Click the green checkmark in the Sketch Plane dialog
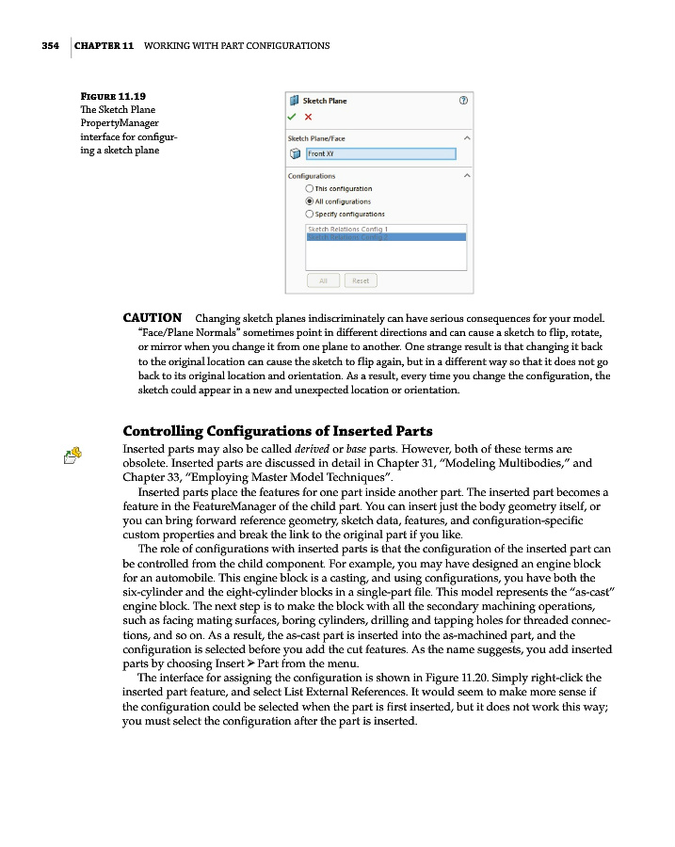click(x=294, y=117)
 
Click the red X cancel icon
click(x=308, y=117)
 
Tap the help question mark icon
click(x=463, y=100)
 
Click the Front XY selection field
click(x=380, y=154)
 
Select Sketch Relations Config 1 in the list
click(x=348, y=229)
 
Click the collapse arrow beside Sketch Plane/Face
click(x=467, y=138)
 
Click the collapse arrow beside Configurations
click(x=467, y=176)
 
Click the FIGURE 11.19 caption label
click(x=113, y=96)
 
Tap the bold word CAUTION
click(x=153, y=318)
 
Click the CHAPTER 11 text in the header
click(x=104, y=45)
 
